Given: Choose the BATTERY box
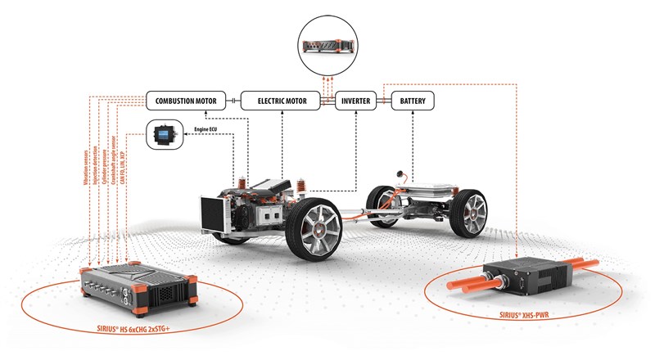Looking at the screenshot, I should tap(412, 101).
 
